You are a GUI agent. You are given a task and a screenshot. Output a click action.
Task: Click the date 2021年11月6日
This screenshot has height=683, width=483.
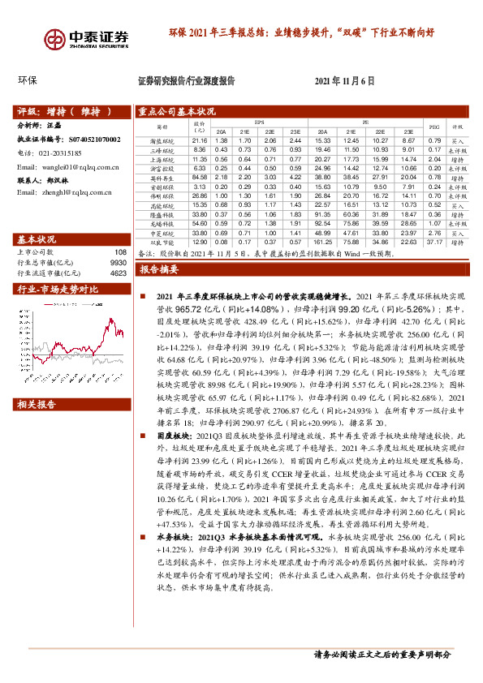pyautogui.click(x=344, y=81)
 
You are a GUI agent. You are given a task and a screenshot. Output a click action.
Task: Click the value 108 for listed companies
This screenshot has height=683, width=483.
pyautogui.click(x=122, y=251)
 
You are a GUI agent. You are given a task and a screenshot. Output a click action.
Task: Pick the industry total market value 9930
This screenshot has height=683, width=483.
pyautogui.click(x=119, y=263)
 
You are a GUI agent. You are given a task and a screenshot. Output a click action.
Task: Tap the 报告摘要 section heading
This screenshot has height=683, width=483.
pyautogui.click(x=159, y=268)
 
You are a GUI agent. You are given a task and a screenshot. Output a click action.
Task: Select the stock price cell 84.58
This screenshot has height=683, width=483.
pyautogui.click(x=199, y=177)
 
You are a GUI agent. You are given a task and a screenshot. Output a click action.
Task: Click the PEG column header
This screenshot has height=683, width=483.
pyautogui.click(x=433, y=127)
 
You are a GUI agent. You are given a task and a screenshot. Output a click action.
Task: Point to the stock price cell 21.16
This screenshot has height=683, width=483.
pyautogui.click(x=199, y=141)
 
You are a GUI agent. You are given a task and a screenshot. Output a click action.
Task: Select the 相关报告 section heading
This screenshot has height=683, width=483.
pyautogui.click(x=37, y=404)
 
